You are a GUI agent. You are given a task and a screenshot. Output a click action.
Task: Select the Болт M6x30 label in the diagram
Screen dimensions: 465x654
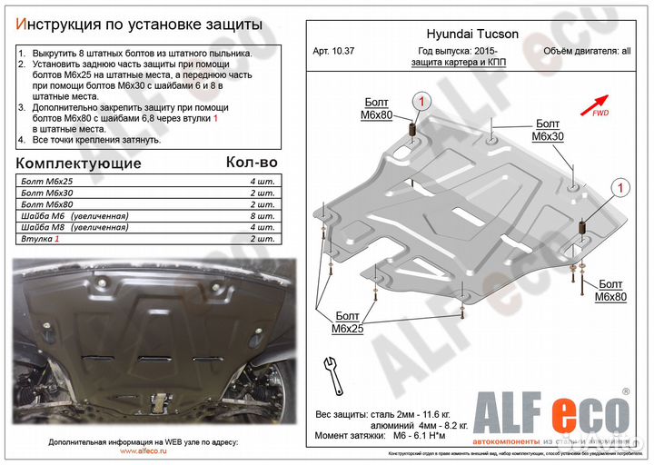pos(548,130)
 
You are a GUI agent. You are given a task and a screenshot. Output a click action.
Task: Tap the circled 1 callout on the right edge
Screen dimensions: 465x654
pos(620,189)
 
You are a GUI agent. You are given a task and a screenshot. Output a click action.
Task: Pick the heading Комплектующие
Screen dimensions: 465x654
pos(80,163)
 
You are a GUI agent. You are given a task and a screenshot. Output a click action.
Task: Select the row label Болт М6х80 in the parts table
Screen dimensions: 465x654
pos(45,204)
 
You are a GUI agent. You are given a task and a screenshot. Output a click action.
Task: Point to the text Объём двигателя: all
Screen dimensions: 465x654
pos(587,52)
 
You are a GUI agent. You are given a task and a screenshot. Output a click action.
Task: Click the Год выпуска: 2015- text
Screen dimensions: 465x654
pos(456,52)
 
